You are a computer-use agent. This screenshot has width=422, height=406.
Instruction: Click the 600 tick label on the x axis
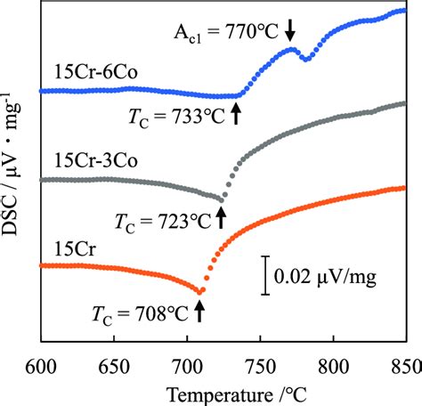[x=41, y=363]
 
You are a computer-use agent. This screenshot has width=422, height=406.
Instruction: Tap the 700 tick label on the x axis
[x=187, y=363]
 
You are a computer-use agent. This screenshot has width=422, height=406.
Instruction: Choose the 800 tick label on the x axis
[x=332, y=363]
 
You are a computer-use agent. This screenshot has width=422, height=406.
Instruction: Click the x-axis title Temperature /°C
[x=222, y=392]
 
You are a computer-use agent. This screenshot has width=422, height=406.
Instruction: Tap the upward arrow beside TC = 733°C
[x=237, y=112]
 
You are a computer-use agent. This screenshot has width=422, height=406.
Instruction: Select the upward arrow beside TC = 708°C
[x=199, y=309]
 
